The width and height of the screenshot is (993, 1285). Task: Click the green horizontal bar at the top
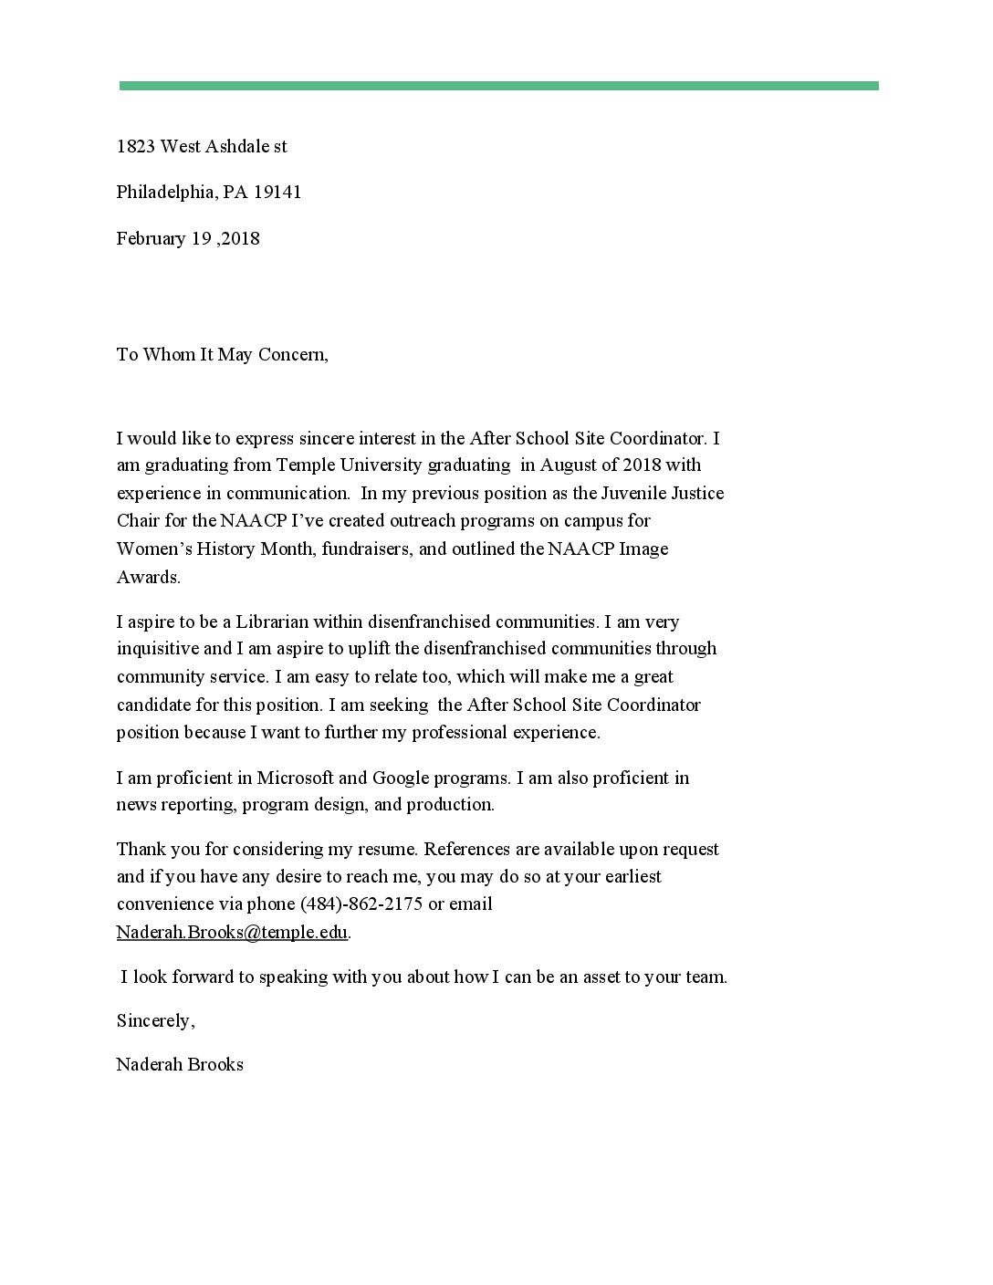pos(498,86)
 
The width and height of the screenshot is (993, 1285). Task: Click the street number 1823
pos(135,146)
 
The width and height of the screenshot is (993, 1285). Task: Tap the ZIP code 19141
pos(277,192)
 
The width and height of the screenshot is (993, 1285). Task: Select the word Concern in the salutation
pos(292,354)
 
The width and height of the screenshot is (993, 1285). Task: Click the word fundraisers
pos(367,548)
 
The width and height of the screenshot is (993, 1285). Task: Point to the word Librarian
pos(272,622)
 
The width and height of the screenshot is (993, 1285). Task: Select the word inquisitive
pos(158,649)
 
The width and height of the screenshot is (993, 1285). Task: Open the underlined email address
pos(232,932)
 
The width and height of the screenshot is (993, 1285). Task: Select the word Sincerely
pos(154,1020)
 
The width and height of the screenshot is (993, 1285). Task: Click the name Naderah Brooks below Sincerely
pos(180,1064)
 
